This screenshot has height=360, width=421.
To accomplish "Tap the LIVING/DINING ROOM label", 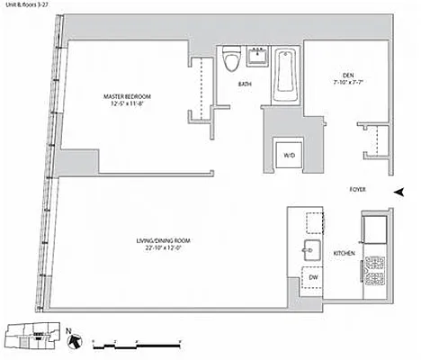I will (165, 240).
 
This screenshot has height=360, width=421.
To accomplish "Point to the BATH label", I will (245, 85).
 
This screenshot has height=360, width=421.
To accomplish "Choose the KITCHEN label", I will (344, 254).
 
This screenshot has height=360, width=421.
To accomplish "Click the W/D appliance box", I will (290, 155).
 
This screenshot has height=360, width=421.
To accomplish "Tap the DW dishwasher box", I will (314, 278).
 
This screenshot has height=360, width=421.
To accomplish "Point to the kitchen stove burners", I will (372, 268).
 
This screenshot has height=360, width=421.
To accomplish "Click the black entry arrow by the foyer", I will (400, 191).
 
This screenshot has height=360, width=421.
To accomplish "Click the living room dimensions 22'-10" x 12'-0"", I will (165, 247).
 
